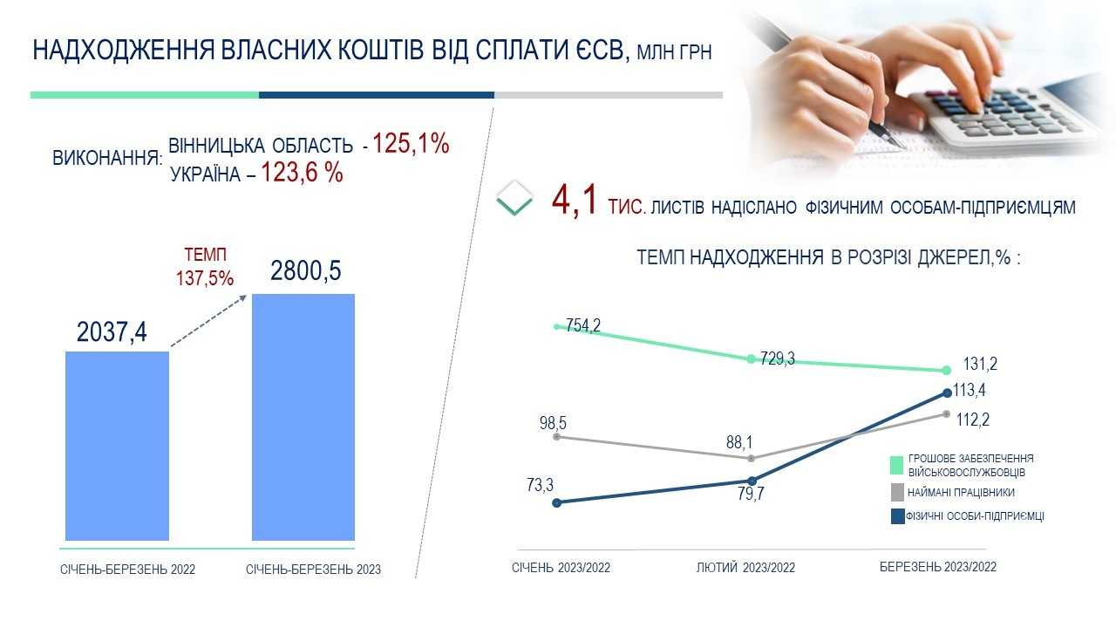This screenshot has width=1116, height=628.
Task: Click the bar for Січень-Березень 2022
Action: (x=117, y=446)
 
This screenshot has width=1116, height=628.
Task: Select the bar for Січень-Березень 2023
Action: (x=303, y=417)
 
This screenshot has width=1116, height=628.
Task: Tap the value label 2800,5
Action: (x=305, y=271)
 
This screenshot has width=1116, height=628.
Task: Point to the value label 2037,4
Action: (x=112, y=332)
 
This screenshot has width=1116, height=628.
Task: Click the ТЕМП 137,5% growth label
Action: (x=205, y=267)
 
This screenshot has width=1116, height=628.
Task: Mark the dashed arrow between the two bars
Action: (x=208, y=321)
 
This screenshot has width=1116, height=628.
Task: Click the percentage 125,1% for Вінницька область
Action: (x=411, y=144)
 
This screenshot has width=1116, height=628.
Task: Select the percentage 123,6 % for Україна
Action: (x=302, y=173)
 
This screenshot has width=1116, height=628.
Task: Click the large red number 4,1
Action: (x=574, y=200)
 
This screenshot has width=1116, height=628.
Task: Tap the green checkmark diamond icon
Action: (x=514, y=198)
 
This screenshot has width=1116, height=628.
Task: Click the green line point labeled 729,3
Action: (x=751, y=358)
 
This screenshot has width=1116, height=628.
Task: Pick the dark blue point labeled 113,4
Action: (x=948, y=392)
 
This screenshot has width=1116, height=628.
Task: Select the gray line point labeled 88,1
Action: (x=752, y=458)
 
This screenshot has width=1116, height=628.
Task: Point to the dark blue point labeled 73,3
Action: (x=557, y=503)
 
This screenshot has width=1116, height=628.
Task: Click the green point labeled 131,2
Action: (x=947, y=371)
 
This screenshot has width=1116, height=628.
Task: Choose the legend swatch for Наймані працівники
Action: (x=897, y=493)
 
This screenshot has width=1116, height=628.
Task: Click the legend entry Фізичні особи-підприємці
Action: (x=967, y=516)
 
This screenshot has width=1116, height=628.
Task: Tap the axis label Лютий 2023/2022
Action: (x=745, y=567)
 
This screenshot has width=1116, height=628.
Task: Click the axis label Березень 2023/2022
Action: (x=938, y=567)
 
